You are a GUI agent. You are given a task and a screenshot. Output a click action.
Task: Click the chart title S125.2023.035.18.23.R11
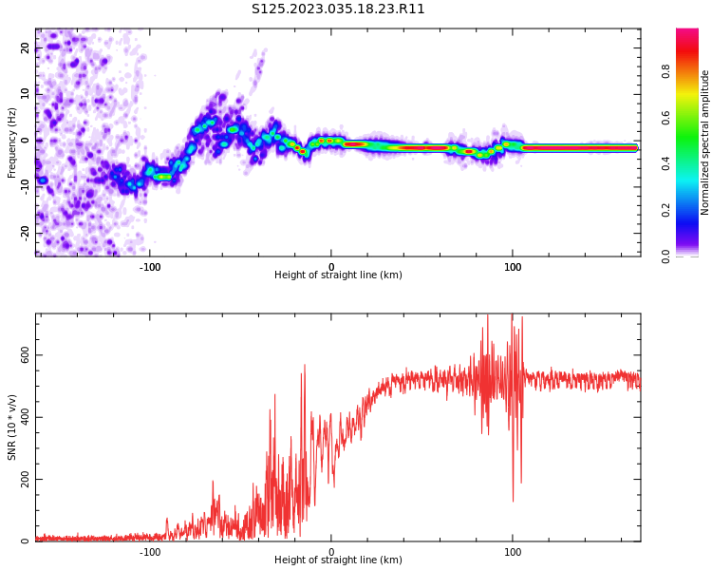pyautogui.click(x=338, y=9)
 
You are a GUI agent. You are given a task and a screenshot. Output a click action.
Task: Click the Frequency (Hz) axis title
pyautogui.click(x=12, y=142)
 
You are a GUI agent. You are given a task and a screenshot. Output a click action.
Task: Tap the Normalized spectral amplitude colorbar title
pyautogui.click(x=705, y=142)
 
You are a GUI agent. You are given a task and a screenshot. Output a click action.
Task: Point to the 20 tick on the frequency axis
pyautogui.click(x=25, y=48)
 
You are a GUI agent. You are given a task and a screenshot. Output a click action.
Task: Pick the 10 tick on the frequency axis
pyautogui.click(x=25, y=94)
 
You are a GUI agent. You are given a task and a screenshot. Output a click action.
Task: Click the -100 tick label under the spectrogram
pyautogui.click(x=150, y=267)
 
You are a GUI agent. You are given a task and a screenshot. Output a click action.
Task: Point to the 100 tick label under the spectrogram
pyautogui.click(x=513, y=267)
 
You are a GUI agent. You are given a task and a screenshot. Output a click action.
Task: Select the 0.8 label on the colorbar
pyautogui.click(x=665, y=71)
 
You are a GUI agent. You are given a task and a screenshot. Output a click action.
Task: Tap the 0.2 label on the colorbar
pyautogui.click(x=665, y=210)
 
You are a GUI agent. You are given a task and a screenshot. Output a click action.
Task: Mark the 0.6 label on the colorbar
pyautogui.click(x=665, y=118)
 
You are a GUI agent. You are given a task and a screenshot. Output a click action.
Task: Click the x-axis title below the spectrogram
pyautogui.click(x=338, y=275)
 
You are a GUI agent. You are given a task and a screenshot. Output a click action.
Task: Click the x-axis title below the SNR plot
pyautogui.click(x=338, y=560)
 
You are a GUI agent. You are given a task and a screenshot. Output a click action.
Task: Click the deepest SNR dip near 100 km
pyautogui.click(x=514, y=501)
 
